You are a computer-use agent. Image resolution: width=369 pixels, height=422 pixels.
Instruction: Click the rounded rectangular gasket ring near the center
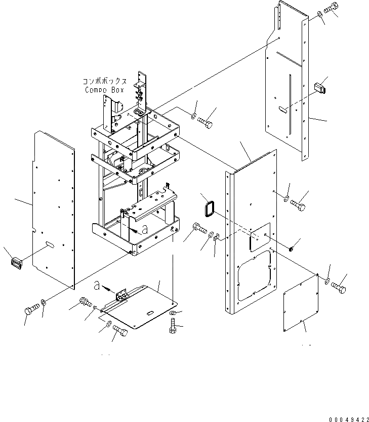coord(208,208)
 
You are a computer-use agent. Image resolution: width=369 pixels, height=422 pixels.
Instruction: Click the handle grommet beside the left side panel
coord(16,263)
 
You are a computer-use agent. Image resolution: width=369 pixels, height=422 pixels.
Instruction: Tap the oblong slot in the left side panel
coord(51,245)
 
